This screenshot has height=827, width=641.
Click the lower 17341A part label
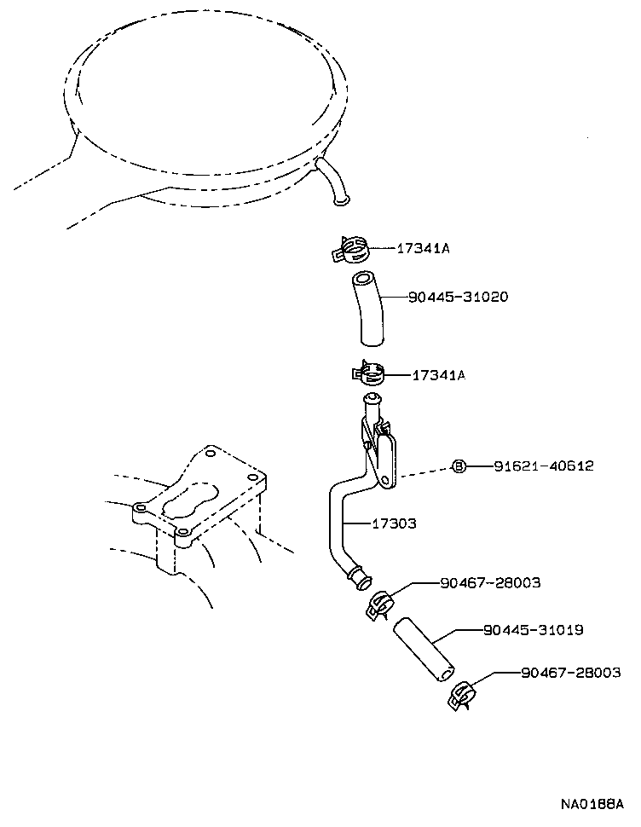[439, 374]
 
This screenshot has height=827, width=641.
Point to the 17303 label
[394, 523]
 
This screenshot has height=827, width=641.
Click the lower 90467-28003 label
[571, 673]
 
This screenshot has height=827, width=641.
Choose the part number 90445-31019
[532, 630]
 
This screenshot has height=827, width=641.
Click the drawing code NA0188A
[592, 805]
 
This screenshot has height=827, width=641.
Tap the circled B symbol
[459, 466]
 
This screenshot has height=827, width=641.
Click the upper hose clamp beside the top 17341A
[349, 251]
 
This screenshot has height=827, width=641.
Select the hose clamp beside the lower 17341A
[368, 373]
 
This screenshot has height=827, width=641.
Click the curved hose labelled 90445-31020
[367, 309]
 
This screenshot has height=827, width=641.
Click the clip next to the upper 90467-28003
[378, 604]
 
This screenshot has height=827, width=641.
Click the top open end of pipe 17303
[372, 399]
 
